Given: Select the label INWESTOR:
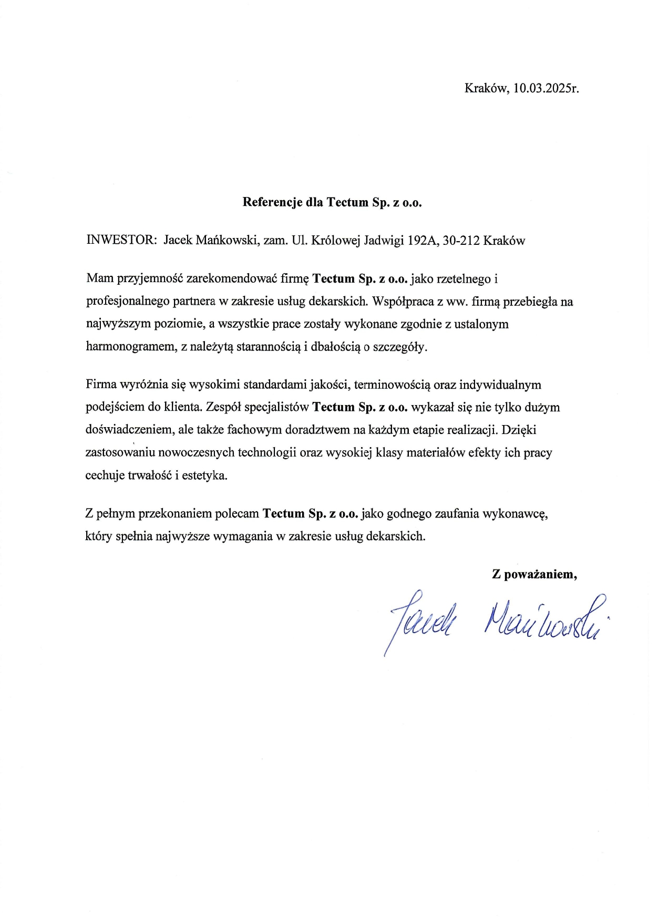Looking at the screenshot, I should coord(121,241).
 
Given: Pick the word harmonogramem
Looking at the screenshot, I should coord(131,347).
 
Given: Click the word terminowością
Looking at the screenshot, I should coord(392,385).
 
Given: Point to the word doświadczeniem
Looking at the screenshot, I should coord(129,430).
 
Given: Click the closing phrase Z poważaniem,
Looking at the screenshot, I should coord(534,574).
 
